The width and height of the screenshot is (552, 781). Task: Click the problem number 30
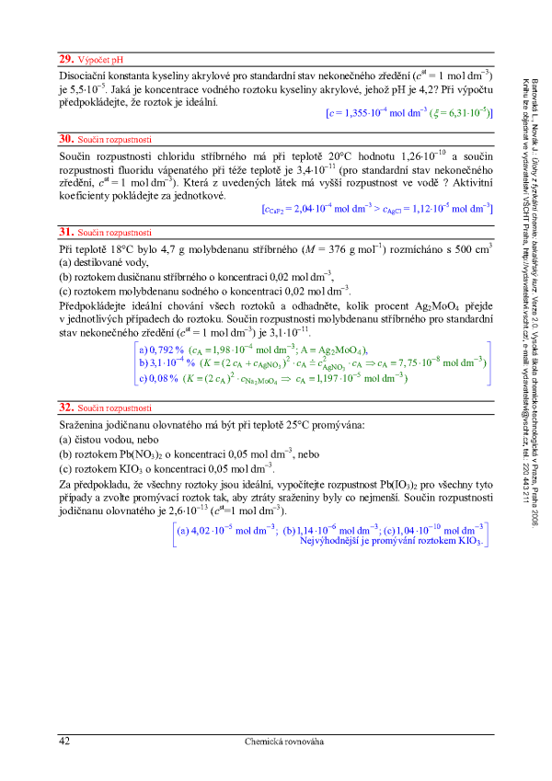(65, 137)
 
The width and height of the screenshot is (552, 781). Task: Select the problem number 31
(65, 233)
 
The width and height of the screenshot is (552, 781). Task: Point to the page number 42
(64, 741)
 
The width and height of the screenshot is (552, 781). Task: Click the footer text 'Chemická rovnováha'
(284, 741)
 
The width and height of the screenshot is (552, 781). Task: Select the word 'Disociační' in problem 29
(86, 75)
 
